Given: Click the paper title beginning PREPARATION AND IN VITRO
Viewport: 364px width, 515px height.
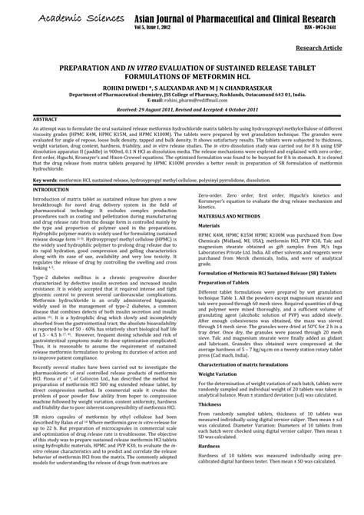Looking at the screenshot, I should pyautogui.click(x=182, y=71).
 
